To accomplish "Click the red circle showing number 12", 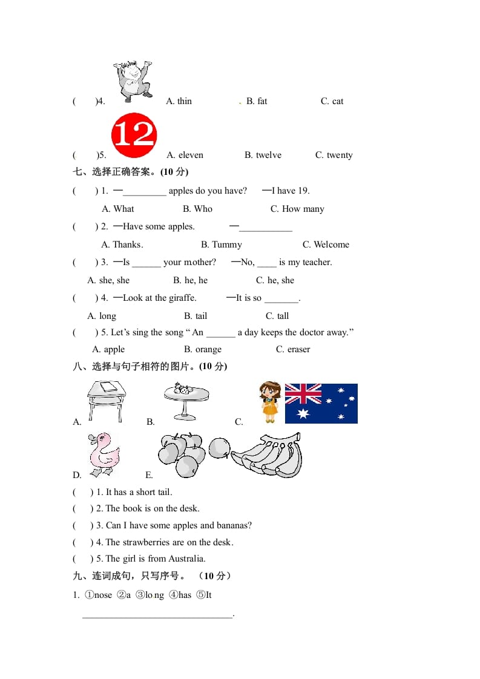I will click(134, 136).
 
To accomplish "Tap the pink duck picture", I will click(104, 455).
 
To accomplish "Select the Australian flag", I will click(321, 403).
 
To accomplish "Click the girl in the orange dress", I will click(270, 402).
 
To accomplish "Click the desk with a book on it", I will click(106, 400).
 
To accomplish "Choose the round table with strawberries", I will click(186, 399).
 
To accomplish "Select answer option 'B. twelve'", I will click(263, 155).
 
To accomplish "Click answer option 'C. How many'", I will click(297, 209).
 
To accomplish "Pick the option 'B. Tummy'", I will click(221, 244).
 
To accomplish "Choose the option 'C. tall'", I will click(277, 316).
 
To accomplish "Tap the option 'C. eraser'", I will click(293, 349).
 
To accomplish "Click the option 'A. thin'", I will click(179, 101).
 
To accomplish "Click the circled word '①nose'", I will click(99, 595).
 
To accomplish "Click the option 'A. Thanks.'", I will click(122, 244).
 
